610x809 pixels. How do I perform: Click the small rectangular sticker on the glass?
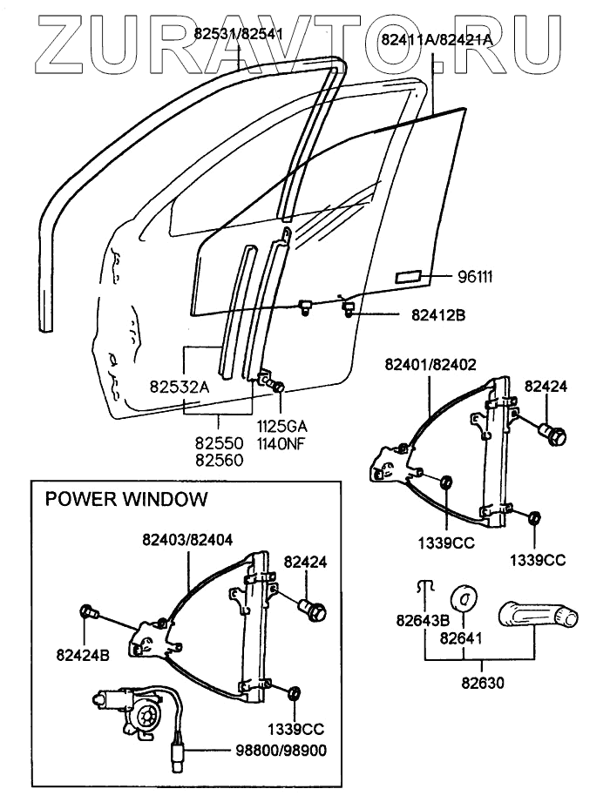[410, 277]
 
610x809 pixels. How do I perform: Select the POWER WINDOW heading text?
[126, 500]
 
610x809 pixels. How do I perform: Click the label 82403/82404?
[186, 540]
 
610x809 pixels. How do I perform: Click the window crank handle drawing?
[539, 615]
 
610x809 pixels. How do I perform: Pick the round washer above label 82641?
[464, 599]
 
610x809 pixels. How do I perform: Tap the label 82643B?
[423, 621]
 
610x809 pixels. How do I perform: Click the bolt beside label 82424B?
[88, 611]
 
